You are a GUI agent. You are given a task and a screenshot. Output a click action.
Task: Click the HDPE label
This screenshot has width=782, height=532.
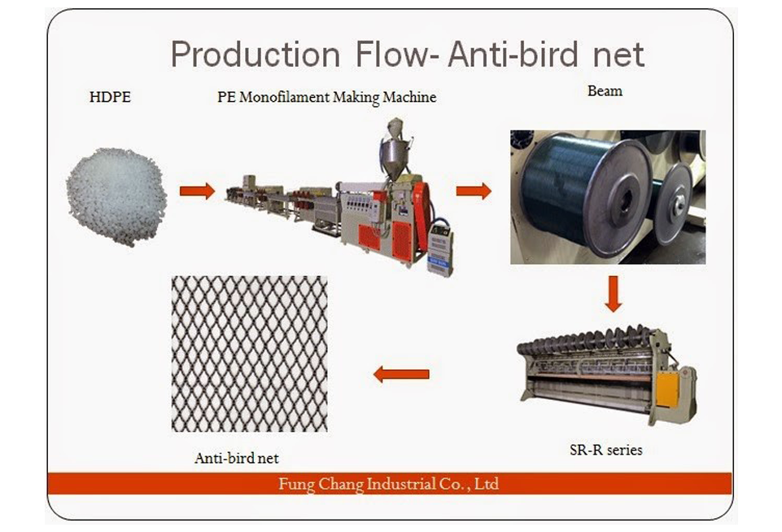[110, 96]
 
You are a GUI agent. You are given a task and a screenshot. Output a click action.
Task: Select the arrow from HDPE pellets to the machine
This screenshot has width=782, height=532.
[197, 191]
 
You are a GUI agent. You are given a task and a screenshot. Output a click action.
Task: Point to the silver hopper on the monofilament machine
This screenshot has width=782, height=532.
[394, 152]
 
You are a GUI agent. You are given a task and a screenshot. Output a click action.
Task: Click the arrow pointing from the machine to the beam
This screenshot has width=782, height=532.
[474, 191]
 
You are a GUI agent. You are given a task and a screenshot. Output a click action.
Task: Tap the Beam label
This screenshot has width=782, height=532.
[605, 91]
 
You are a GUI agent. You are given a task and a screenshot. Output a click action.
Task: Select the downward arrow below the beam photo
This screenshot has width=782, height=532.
[613, 294]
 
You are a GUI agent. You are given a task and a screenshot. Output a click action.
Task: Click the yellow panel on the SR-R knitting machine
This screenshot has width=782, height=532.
[666, 389]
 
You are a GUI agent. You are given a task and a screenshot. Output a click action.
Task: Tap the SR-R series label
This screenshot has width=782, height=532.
[606, 450]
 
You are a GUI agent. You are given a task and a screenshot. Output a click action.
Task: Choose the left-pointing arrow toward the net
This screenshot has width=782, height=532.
[401, 374]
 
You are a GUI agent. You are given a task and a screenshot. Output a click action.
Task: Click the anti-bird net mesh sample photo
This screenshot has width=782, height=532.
[249, 354]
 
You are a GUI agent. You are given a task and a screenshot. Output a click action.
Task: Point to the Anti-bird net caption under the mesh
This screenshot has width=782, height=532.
[237, 458]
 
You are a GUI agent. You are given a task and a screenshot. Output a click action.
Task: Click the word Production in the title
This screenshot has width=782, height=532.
[256, 55]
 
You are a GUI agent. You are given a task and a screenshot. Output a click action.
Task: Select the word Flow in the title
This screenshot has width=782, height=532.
[392, 55]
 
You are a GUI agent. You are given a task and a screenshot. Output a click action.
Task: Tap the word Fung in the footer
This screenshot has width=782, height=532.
[296, 484]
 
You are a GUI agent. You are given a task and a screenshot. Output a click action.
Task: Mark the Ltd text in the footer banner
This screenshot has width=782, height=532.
[487, 484]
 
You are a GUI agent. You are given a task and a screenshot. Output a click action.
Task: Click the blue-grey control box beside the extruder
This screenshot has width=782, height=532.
[440, 248]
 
